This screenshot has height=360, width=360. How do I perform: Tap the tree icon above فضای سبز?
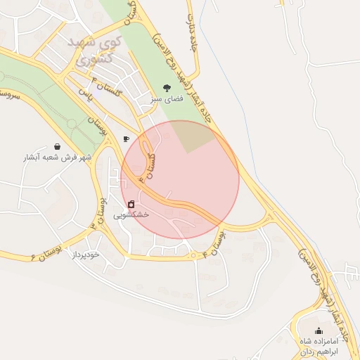pyautogui.click(x=166, y=88)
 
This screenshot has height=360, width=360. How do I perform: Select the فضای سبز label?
pyautogui.click(x=166, y=100)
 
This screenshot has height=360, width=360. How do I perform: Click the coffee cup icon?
pyautogui.click(x=126, y=139)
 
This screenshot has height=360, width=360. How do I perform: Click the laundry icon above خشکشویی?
pyautogui.click(x=131, y=204)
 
